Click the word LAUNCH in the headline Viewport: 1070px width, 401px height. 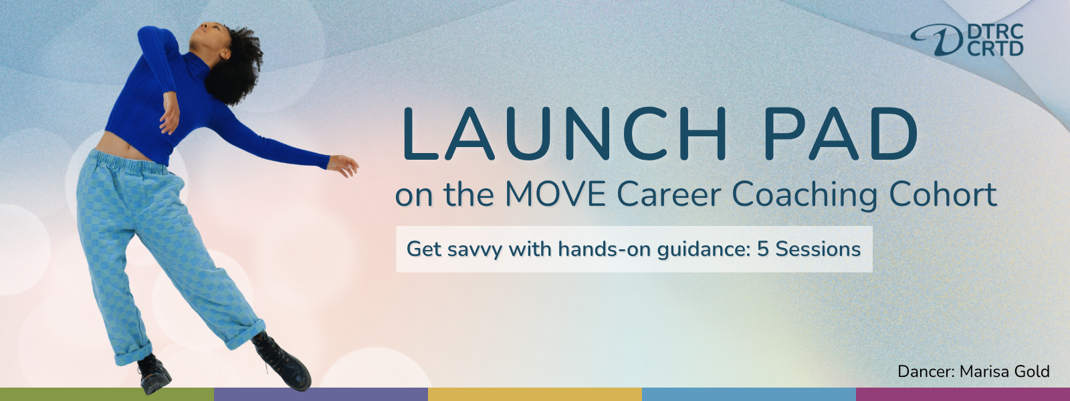[x=565, y=133]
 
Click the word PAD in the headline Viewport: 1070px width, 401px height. [x=840, y=133]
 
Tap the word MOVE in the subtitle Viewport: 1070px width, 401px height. [x=556, y=194]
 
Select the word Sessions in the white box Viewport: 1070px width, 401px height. [x=818, y=249]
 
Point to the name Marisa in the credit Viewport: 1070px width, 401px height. [x=982, y=372]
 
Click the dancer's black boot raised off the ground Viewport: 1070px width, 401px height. [x=282, y=360]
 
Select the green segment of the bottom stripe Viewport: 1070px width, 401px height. [x=107, y=394]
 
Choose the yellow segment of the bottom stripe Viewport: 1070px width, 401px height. [x=535, y=394]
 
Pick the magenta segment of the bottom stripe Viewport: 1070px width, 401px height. [x=963, y=394]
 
